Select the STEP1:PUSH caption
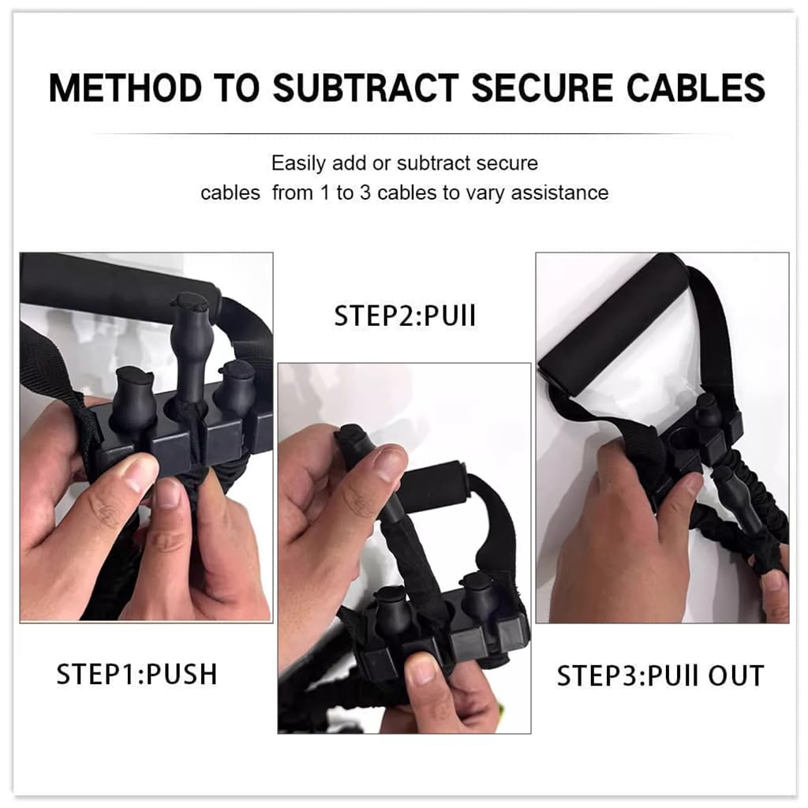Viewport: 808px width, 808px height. click(x=137, y=675)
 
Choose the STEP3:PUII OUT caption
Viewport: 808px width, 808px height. click(x=660, y=676)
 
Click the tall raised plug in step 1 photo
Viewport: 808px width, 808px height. click(x=189, y=331)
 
